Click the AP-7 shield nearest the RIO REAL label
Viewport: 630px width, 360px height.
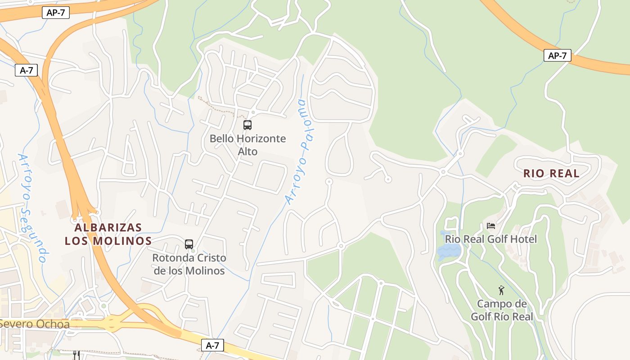coord(557,56)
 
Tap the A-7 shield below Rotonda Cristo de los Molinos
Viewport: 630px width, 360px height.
coord(212,345)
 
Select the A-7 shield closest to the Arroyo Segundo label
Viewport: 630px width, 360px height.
coord(26,70)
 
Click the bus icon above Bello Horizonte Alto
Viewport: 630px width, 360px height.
coord(247,125)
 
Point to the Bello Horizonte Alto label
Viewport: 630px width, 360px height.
coord(247,144)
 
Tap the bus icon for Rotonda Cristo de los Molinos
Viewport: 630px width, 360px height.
coord(189,244)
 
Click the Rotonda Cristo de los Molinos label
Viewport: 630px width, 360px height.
coord(189,264)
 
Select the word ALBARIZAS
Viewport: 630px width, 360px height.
coord(108,228)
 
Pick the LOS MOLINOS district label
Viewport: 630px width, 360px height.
coord(108,241)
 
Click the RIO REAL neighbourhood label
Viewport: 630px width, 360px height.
coord(551,174)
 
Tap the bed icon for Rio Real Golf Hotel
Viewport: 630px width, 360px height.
coord(490,225)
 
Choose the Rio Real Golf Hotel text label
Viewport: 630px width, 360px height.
coord(491,239)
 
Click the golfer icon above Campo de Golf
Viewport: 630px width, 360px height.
coord(501,290)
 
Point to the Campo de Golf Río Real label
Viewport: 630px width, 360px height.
coord(502,310)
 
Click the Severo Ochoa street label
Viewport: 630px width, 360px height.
coord(35,324)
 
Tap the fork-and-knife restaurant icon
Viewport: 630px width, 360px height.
coord(76,355)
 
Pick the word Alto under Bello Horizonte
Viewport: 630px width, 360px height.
coord(247,151)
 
